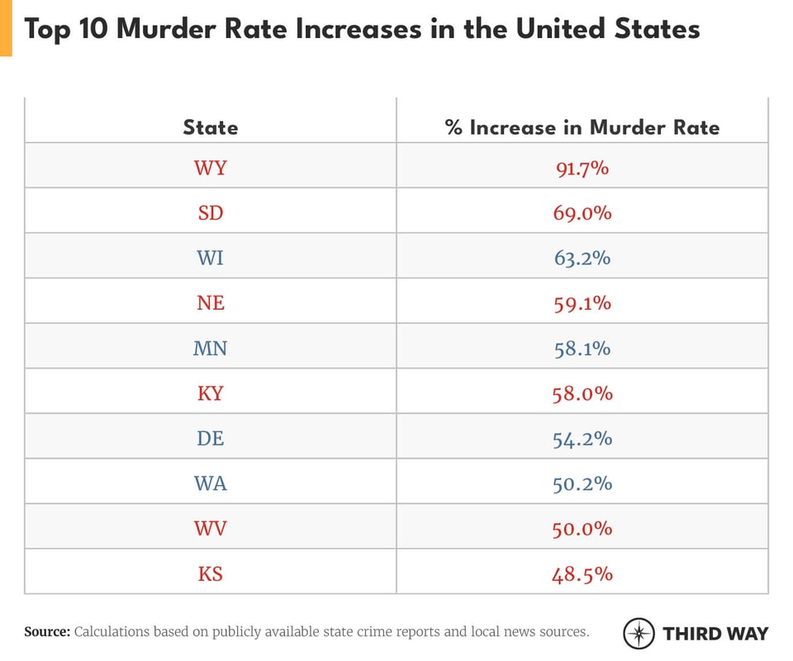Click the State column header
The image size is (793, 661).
[210, 127]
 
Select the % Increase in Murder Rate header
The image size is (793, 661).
[582, 127]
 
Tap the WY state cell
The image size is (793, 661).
[210, 169]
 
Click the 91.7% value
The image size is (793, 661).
[582, 169]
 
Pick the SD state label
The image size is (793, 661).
[210, 213]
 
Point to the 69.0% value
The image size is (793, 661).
[582, 213]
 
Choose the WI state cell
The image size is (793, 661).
[210, 258]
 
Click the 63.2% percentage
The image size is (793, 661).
[582, 258]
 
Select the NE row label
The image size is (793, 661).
[210, 303]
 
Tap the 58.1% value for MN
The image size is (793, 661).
[582, 348]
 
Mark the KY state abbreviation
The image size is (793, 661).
[210, 393]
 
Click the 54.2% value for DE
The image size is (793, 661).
[582, 438]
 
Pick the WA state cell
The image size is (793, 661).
[210, 483]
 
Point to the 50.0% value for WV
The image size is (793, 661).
[582, 528]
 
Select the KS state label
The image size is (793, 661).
[210, 573]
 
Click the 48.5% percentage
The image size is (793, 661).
[582, 573]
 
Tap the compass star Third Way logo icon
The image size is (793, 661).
[639, 634]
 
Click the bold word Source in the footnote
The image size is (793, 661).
[47, 632]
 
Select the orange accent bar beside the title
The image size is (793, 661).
[6, 28]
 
